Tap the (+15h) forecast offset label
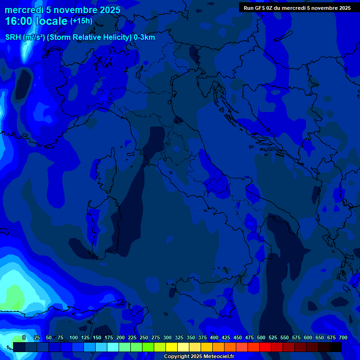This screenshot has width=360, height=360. (81, 21)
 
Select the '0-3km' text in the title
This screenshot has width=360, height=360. (144, 37)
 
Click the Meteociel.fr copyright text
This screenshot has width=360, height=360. (199, 357)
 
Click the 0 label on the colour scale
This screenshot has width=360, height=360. (23, 337)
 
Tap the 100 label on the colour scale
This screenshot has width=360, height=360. (74, 337)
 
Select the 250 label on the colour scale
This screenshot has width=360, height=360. (144, 337)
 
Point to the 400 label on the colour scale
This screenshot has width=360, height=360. (214, 337)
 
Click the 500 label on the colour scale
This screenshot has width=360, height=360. (261, 337)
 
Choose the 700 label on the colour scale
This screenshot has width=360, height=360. (343, 337)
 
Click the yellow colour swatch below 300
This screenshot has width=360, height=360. (172, 347)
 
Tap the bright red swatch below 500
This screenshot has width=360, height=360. (265, 347)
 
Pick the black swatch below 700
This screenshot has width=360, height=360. (336, 347)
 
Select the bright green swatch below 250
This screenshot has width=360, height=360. (148, 347)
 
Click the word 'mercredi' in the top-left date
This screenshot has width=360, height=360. (24, 10)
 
